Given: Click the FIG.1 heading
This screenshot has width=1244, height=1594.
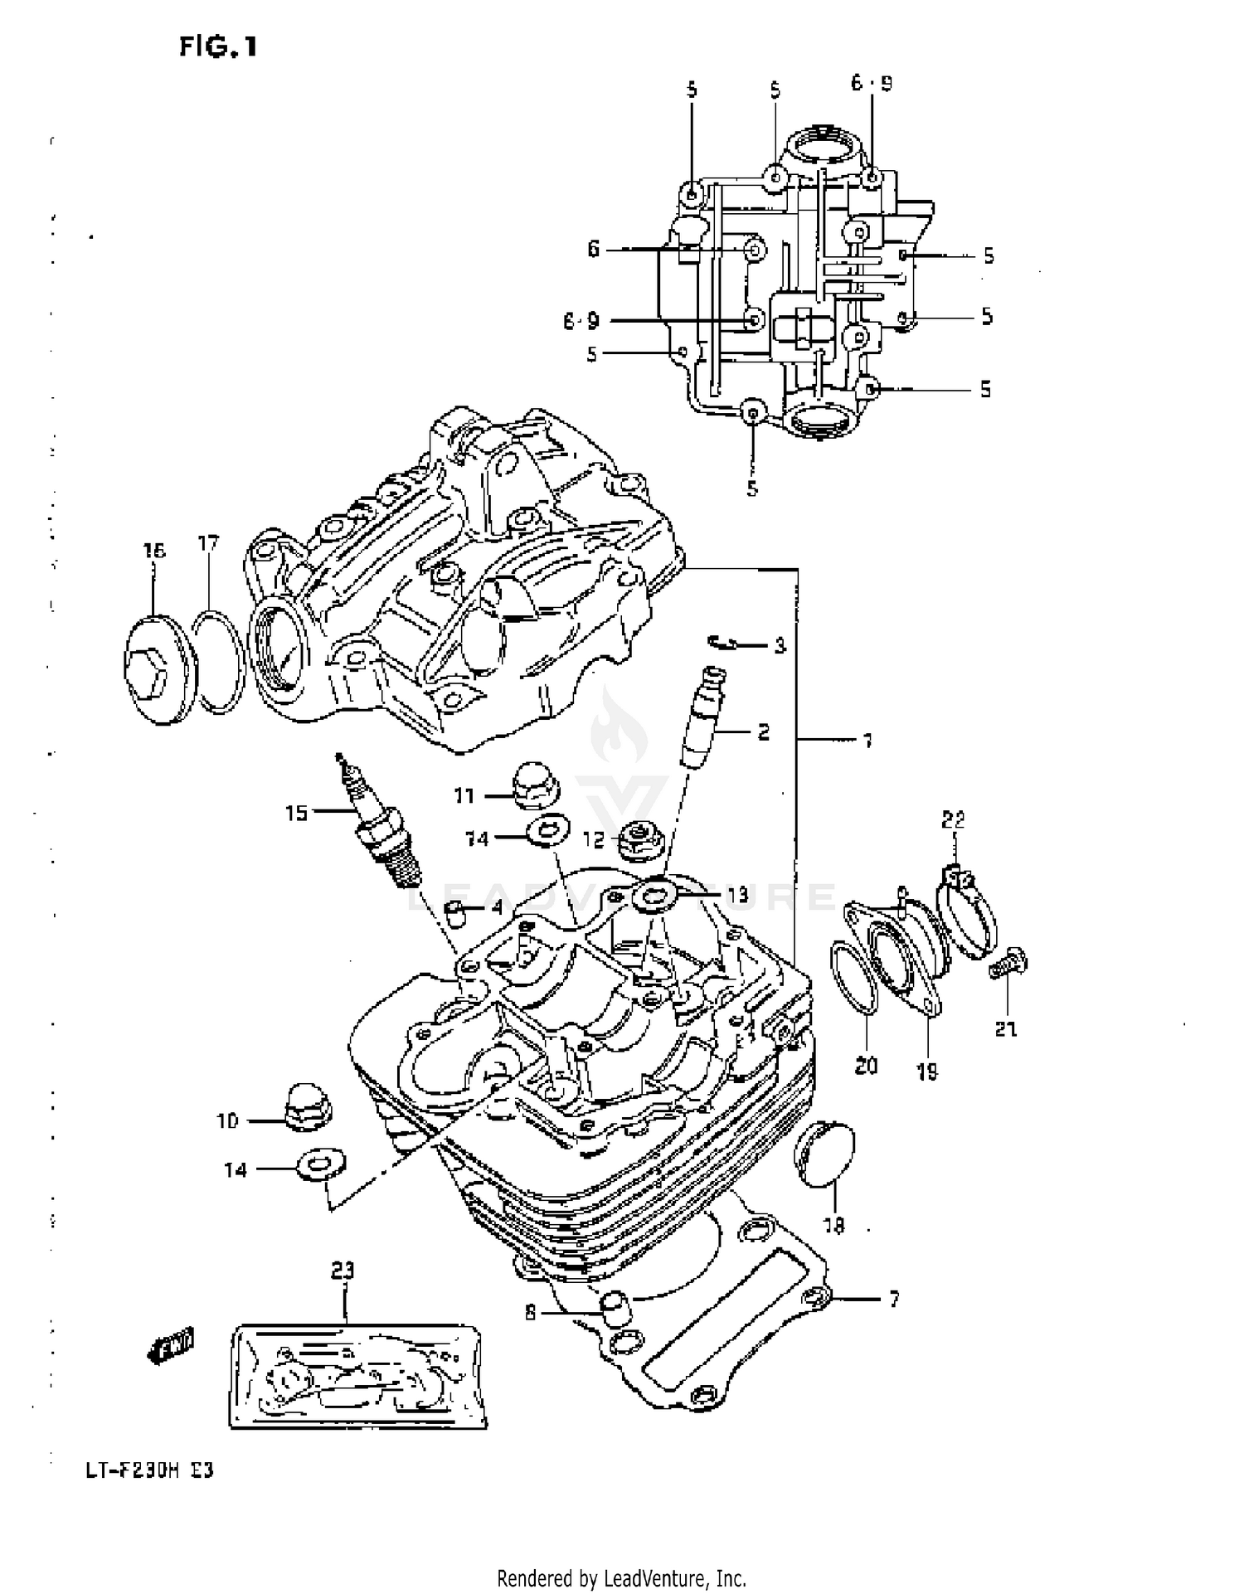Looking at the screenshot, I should [218, 47].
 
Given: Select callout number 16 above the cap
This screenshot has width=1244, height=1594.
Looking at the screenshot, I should [154, 551].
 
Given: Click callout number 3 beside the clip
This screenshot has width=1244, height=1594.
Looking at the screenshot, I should [780, 645].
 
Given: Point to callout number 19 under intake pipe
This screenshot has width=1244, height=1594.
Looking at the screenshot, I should [926, 1072].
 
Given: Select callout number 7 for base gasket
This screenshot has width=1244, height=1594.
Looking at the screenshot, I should [894, 1300].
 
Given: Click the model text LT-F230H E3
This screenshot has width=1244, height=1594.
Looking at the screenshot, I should [130, 1471].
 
